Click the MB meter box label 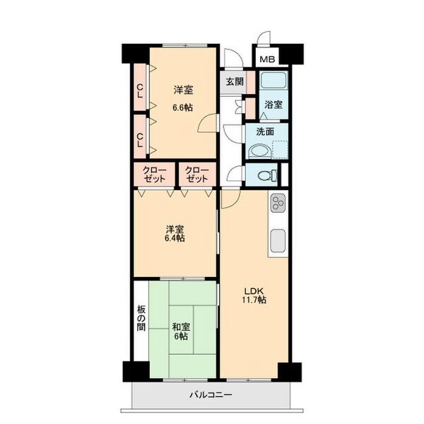(x=267, y=59)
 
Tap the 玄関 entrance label (x=235, y=81)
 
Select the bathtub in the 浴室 (x=273, y=80)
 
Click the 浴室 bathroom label (x=273, y=105)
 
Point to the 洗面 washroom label (x=265, y=131)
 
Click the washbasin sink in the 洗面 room (x=259, y=151)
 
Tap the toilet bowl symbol (x=267, y=175)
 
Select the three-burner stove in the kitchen (x=278, y=203)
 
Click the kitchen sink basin (x=278, y=241)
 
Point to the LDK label (x=254, y=291)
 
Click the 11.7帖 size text (x=254, y=300)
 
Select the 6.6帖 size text (x=183, y=107)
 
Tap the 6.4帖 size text (x=175, y=238)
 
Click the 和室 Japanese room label (x=181, y=327)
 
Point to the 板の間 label (x=141, y=318)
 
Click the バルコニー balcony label (x=211, y=395)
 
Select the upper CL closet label (x=140, y=91)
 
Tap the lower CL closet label (x=140, y=140)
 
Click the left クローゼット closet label (x=154, y=175)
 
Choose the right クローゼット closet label (x=197, y=175)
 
